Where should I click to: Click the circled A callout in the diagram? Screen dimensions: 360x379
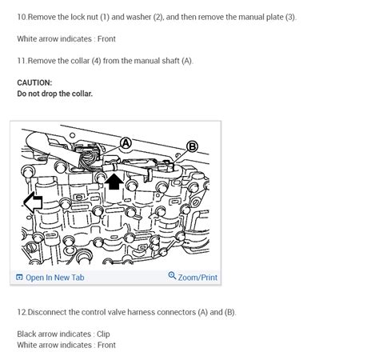[x=126, y=144]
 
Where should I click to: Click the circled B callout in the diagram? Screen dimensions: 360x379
[x=192, y=146]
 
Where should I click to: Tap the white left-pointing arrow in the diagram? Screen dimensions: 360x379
[x=33, y=202]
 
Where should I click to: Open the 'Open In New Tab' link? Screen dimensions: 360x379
[x=54, y=278]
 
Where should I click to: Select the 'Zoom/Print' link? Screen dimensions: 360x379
[x=197, y=278]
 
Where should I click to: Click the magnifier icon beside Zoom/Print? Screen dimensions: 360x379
[x=172, y=277]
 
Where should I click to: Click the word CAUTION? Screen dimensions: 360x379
[x=34, y=82]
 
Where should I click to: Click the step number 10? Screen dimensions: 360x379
[x=22, y=17]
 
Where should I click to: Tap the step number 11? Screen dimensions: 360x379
[x=22, y=61]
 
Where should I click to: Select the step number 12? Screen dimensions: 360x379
[x=22, y=312]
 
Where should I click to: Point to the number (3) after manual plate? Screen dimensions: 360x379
[x=289, y=17]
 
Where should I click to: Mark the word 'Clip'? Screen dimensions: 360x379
[x=103, y=334]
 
